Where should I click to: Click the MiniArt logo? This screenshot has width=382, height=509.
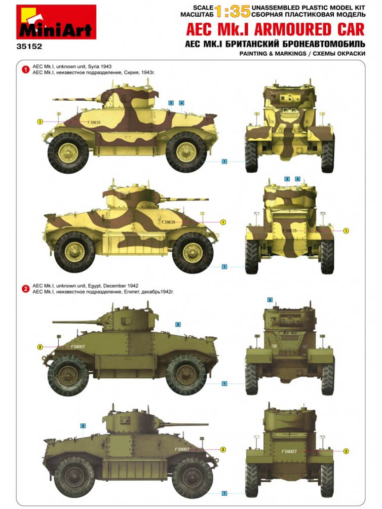(56, 22)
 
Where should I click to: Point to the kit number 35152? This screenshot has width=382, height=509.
(29, 47)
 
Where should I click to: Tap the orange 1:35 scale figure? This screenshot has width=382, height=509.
(233, 12)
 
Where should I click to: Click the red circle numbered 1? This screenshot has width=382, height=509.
(25, 69)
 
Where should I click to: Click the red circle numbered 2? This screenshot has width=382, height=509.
(25, 289)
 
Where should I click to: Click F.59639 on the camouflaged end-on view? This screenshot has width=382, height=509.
(290, 231)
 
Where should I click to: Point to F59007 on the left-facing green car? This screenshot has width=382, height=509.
(78, 347)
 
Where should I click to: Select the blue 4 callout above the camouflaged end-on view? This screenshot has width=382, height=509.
(297, 179)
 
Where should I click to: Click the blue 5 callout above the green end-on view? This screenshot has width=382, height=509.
(270, 300)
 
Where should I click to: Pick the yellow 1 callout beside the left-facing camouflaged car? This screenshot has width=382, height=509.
(40, 122)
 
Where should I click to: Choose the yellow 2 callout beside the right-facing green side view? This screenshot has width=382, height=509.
(223, 450)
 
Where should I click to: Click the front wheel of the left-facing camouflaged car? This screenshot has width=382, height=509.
(68, 153)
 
